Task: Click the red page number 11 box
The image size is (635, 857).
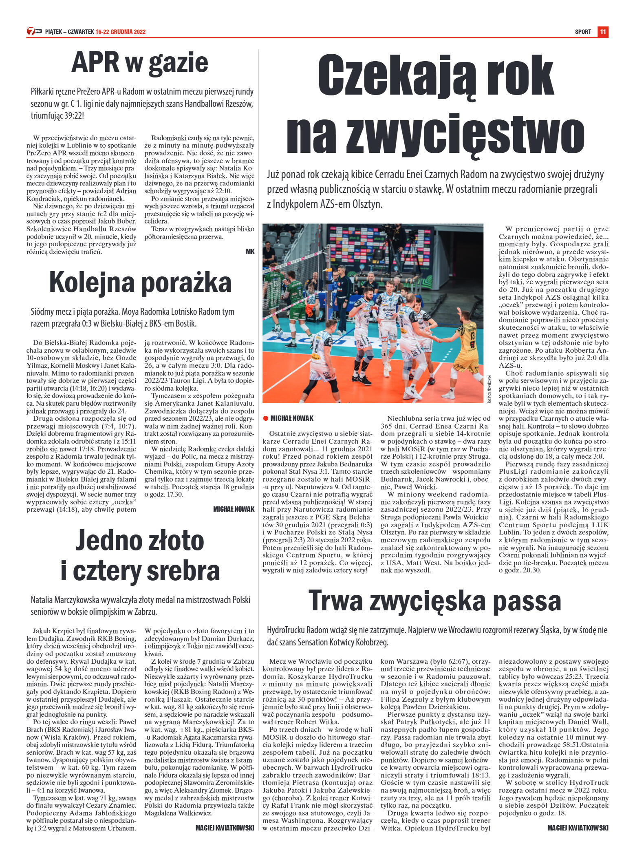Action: (x=603, y=32)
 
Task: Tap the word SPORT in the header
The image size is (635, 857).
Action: (x=583, y=32)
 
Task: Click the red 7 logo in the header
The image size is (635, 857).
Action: (x=31, y=31)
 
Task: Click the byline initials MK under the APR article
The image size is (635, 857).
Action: (x=250, y=252)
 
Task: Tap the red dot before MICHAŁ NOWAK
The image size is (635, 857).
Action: (x=265, y=418)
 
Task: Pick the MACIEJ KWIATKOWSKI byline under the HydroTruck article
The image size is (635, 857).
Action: (x=578, y=828)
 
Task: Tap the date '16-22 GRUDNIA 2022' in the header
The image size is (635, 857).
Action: (x=121, y=32)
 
